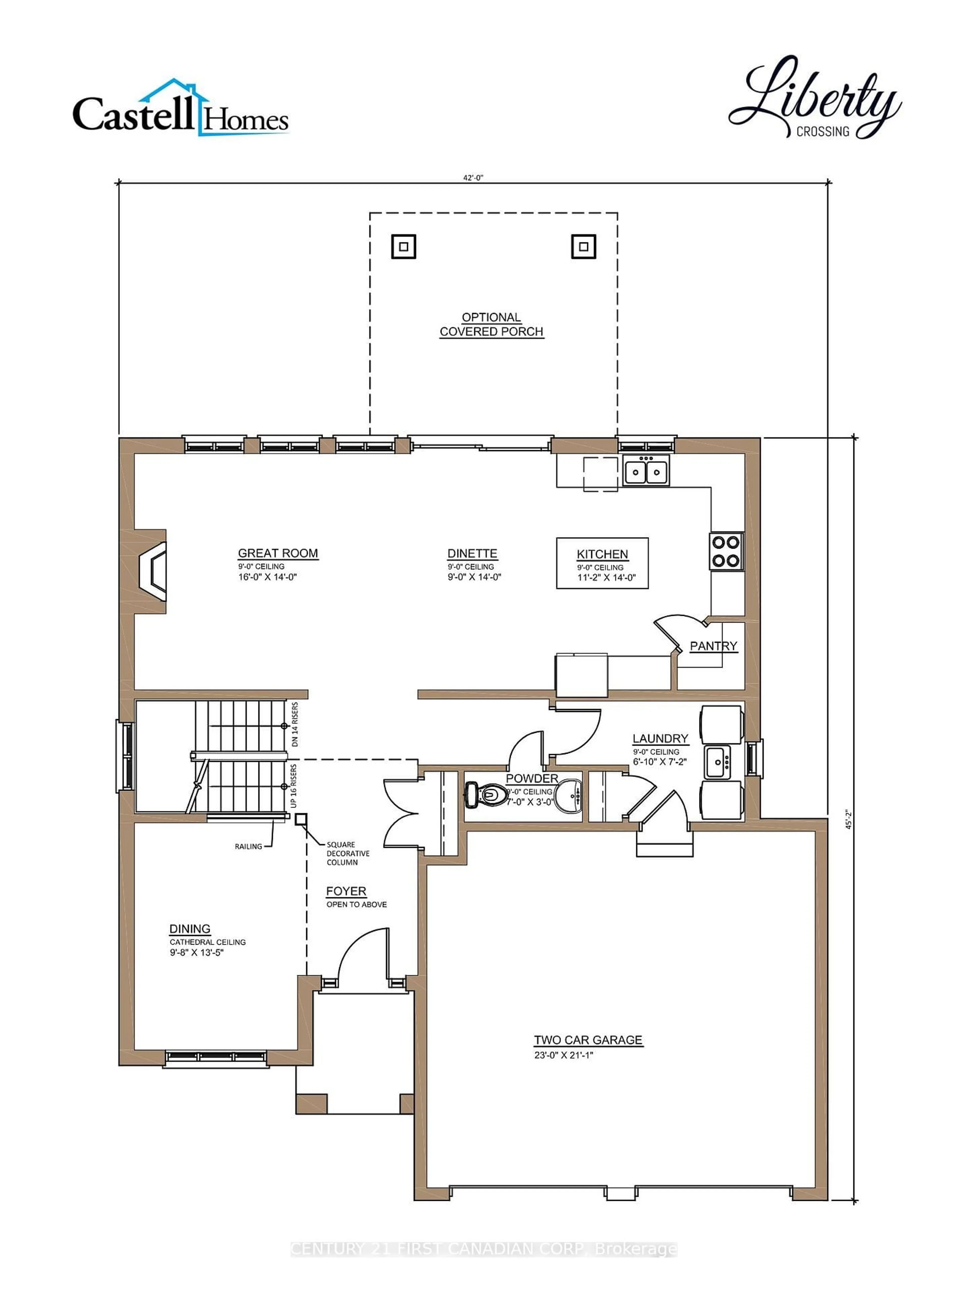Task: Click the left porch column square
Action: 403,246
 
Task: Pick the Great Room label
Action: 278,553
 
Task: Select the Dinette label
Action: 472,553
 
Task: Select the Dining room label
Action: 190,929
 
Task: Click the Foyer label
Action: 346,891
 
